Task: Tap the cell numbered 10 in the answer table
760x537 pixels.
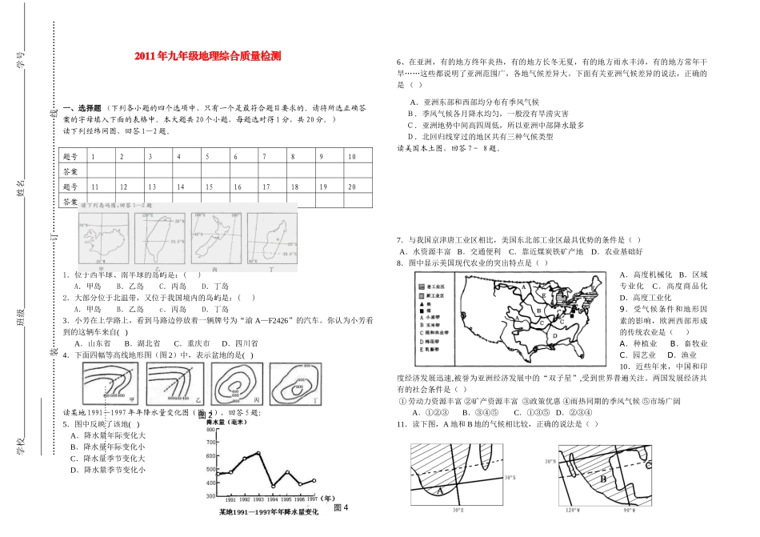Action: [x=352, y=157]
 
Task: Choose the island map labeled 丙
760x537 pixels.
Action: [x=215, y=239]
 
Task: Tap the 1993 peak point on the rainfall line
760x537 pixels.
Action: [x=258, y=453]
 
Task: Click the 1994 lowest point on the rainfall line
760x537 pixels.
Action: [x=273, y=485]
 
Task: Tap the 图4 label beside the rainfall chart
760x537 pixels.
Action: [x=342, y=507]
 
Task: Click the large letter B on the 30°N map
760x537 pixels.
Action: [x=604, y=479]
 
